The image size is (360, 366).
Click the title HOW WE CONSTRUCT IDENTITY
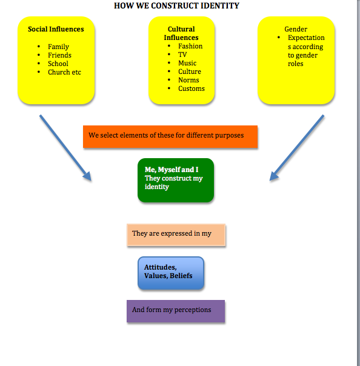[x=176, y=6]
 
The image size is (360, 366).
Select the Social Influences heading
[x=56, y=29]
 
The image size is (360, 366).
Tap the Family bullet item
[x=58, y=47]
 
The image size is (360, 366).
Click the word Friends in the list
[x=59, y=55]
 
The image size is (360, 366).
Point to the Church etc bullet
[x=64, y=72]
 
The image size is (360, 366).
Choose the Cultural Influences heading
[x=181, y=33]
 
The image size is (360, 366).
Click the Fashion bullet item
[x=190, y=46]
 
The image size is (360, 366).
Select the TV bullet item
[x=182, y=55]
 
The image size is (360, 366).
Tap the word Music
[x=187, y=63]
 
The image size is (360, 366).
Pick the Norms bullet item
[x=188, y=80]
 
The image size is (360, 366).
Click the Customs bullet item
[x=192, y=88]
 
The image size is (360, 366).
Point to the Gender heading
[x=296, y=29]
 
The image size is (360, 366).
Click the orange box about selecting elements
[x=170, y=136]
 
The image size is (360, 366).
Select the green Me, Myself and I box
[x=176, y=179]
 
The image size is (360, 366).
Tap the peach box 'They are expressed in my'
[x=176, y=235]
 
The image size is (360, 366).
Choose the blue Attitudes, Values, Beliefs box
[x=171, y=273]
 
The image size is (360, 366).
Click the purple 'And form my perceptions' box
[x=176, y=311]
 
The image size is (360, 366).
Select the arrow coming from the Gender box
[x=296, y=148]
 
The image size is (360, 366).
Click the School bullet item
[x=58, y=64]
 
